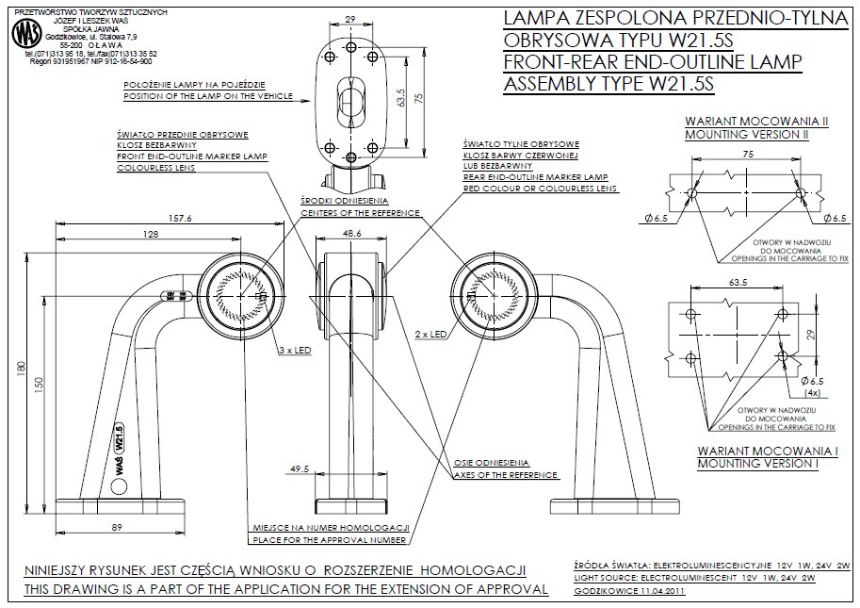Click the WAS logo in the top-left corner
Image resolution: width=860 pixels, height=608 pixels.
(22, 35)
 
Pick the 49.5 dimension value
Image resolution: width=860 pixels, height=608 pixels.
(300, 468)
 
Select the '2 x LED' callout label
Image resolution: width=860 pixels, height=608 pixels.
(430, 334)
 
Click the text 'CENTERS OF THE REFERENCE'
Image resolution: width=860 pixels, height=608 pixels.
(360, 213)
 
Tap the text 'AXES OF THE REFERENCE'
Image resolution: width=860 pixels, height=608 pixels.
(506, 475)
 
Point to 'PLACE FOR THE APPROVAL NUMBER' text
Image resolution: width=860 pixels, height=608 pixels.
(329, 541)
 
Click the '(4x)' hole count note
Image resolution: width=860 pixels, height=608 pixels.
(812, 392)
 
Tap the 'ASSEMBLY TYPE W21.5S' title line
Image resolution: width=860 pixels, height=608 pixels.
(609, 84)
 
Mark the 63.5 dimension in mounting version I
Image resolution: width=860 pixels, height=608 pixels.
(737, 281)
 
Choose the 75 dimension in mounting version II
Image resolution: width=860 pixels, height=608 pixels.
(746, 153)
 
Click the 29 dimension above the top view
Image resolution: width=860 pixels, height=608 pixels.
(349, 19)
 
